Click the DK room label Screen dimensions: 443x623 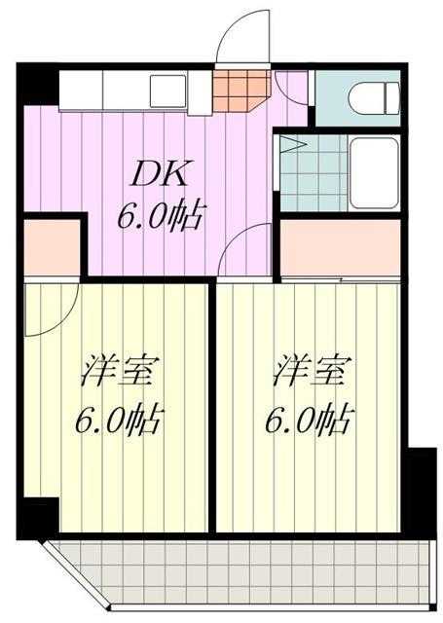(159, 173)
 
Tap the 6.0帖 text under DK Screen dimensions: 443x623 (161, 217)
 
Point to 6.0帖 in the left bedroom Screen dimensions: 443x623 (119, 420)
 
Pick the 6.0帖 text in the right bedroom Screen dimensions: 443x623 (310, 420)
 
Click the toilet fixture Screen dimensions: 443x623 (374, 98)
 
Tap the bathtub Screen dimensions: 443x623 (374, 173)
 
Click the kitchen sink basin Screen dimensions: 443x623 (167, 92)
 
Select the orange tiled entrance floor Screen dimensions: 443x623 (241, 91)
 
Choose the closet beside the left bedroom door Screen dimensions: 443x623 (52, 247)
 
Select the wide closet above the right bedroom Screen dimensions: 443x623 (340, 247)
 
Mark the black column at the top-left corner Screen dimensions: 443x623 (38, 85)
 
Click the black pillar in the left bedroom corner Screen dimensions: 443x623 (39, 517)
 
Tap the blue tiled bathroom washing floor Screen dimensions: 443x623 (314, 173)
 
